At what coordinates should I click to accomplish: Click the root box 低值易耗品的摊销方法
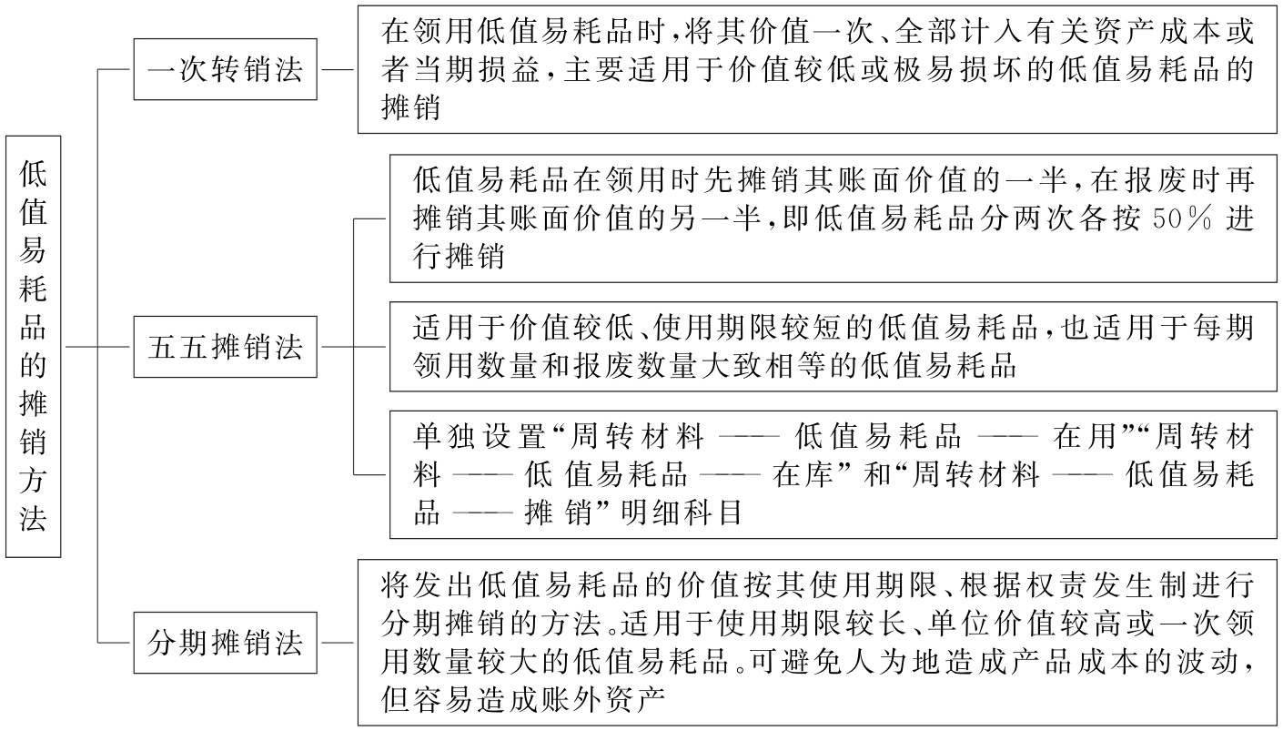[x=34, y=346]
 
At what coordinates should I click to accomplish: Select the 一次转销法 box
[x=225, y=69]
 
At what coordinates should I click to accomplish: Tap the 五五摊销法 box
[x=225, y=347]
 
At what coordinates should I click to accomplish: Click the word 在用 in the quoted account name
[x=1085, y=437]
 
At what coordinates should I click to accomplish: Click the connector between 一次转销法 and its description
[x=338, y=69]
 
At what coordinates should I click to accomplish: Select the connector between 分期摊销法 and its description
[x=338, y=643]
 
